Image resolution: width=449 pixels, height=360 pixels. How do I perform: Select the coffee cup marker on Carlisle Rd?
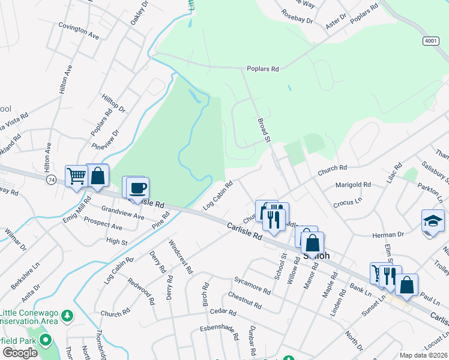point(137,188)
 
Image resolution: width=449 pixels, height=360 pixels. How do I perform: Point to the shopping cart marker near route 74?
point(77,176)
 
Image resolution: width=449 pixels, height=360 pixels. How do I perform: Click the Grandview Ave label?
point(123,212)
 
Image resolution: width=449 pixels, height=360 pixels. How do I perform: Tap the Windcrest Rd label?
point(181,257)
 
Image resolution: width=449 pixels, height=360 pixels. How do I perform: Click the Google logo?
point(20,353)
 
